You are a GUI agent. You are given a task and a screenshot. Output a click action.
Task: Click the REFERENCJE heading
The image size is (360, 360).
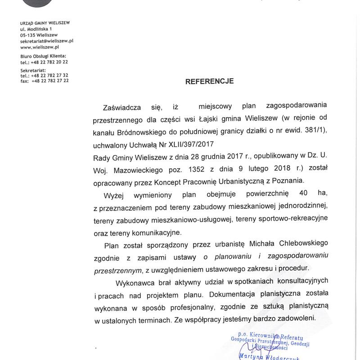210,81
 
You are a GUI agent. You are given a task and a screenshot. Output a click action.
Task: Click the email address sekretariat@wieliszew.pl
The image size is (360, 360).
47,40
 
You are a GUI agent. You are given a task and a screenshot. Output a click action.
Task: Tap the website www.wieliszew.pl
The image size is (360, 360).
40,46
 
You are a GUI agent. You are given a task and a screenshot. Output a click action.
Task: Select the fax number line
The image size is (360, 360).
45,81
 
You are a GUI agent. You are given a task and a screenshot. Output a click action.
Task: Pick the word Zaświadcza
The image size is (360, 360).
122,107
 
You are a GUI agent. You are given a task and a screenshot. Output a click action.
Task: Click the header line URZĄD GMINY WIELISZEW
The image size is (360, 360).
45,22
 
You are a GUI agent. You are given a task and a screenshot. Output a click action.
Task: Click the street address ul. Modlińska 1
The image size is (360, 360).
39,28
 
